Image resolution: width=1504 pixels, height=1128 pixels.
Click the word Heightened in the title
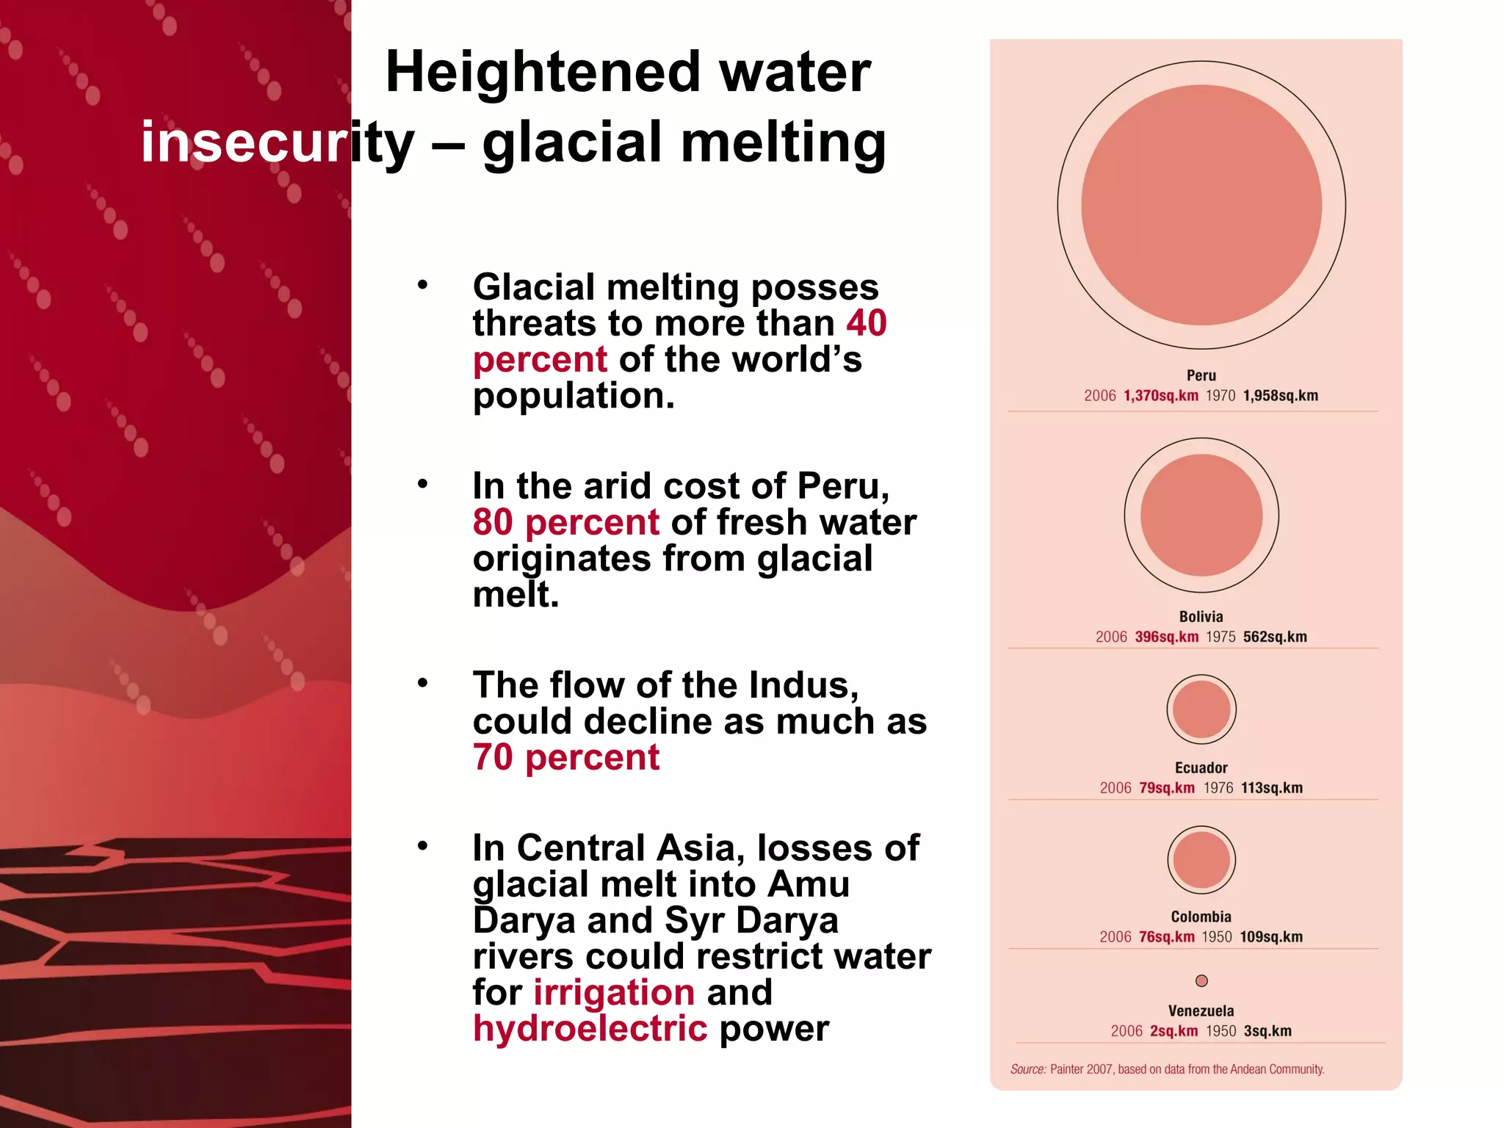(543, 73)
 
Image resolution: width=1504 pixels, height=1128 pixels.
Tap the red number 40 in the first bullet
(867, 323)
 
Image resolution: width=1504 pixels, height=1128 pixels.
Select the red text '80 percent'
(566, 522)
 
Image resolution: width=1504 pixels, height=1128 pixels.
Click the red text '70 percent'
(566, 757)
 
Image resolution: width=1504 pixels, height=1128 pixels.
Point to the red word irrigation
(614, 992)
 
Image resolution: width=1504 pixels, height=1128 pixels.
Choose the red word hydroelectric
(590, 1028)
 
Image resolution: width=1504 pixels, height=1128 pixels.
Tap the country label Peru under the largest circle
(1201, 375)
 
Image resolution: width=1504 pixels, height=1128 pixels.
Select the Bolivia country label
(1201, 617)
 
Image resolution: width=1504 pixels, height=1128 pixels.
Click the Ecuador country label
(1201, 767)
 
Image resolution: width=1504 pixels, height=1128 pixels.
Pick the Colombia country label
(1201, 916)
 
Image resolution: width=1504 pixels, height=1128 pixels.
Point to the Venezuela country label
(1201, 1010)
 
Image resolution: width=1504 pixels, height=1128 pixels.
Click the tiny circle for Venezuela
(1201, 980)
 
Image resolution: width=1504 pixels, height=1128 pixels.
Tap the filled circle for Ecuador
(1201, 709)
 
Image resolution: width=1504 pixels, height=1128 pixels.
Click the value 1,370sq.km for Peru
(1160, 396)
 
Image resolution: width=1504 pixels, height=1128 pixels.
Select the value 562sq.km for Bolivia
(1275, 637)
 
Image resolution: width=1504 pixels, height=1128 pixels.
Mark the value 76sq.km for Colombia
(1166, 937)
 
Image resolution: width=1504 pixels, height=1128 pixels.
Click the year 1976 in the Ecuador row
(1218, 788)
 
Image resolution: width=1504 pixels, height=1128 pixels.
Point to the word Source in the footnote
(1027, 1069)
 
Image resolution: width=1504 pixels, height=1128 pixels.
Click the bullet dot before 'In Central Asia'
(422, 846)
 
